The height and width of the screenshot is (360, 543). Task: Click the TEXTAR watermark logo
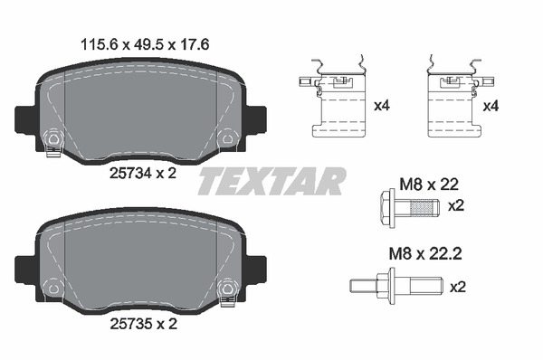click(x=271, y=182)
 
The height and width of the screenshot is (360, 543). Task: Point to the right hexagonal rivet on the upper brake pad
click(x=227, y=138)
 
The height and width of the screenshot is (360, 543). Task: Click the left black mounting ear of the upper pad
click(x=24, y=118)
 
